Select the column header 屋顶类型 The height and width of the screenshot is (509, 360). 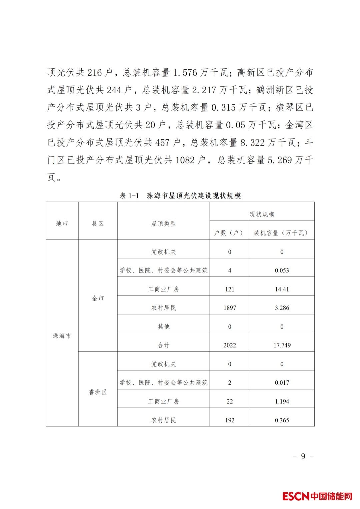[163, 224]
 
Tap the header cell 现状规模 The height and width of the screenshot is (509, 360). [262, 214]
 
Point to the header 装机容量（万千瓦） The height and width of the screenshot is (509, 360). [282, 233]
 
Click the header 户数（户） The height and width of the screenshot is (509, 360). [229, 233]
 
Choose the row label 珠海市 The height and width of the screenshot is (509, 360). [62, 336]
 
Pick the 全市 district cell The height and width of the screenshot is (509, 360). [98, 298]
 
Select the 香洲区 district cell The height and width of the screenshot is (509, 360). [98, 392]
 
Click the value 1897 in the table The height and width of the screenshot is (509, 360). [230, 308]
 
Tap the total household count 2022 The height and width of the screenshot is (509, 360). [230, 345]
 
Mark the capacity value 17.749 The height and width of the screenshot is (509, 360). [282, 345]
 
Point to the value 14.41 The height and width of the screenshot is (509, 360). [282, 289]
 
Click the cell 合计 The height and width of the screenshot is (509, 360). [163, 345]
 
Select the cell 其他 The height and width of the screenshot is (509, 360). [163, 326]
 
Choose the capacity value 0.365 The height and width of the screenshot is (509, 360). [282, 420]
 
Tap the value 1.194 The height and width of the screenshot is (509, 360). [282, 401]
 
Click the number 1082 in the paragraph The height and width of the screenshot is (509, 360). [185, 160]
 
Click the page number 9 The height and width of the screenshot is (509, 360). [303, 456]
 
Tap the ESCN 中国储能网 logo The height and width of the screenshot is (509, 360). [317, 496]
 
